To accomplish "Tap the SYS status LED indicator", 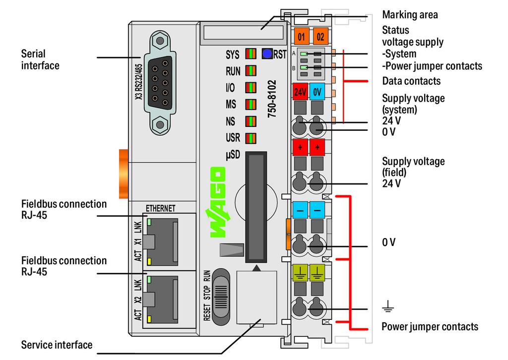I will click(251, 54).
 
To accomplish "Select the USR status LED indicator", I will click(251, 138).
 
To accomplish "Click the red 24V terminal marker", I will click(300, 91).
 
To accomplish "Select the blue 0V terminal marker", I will click(317, 91).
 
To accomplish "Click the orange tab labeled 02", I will click(320, 37).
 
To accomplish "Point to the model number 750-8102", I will click(272, 99).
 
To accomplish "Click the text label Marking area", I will click(410, 15).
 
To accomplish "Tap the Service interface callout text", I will click(57, 344).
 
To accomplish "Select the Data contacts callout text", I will click(411, 81).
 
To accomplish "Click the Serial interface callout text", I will click(40, 59).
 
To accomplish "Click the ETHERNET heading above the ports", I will click(160, 208).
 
